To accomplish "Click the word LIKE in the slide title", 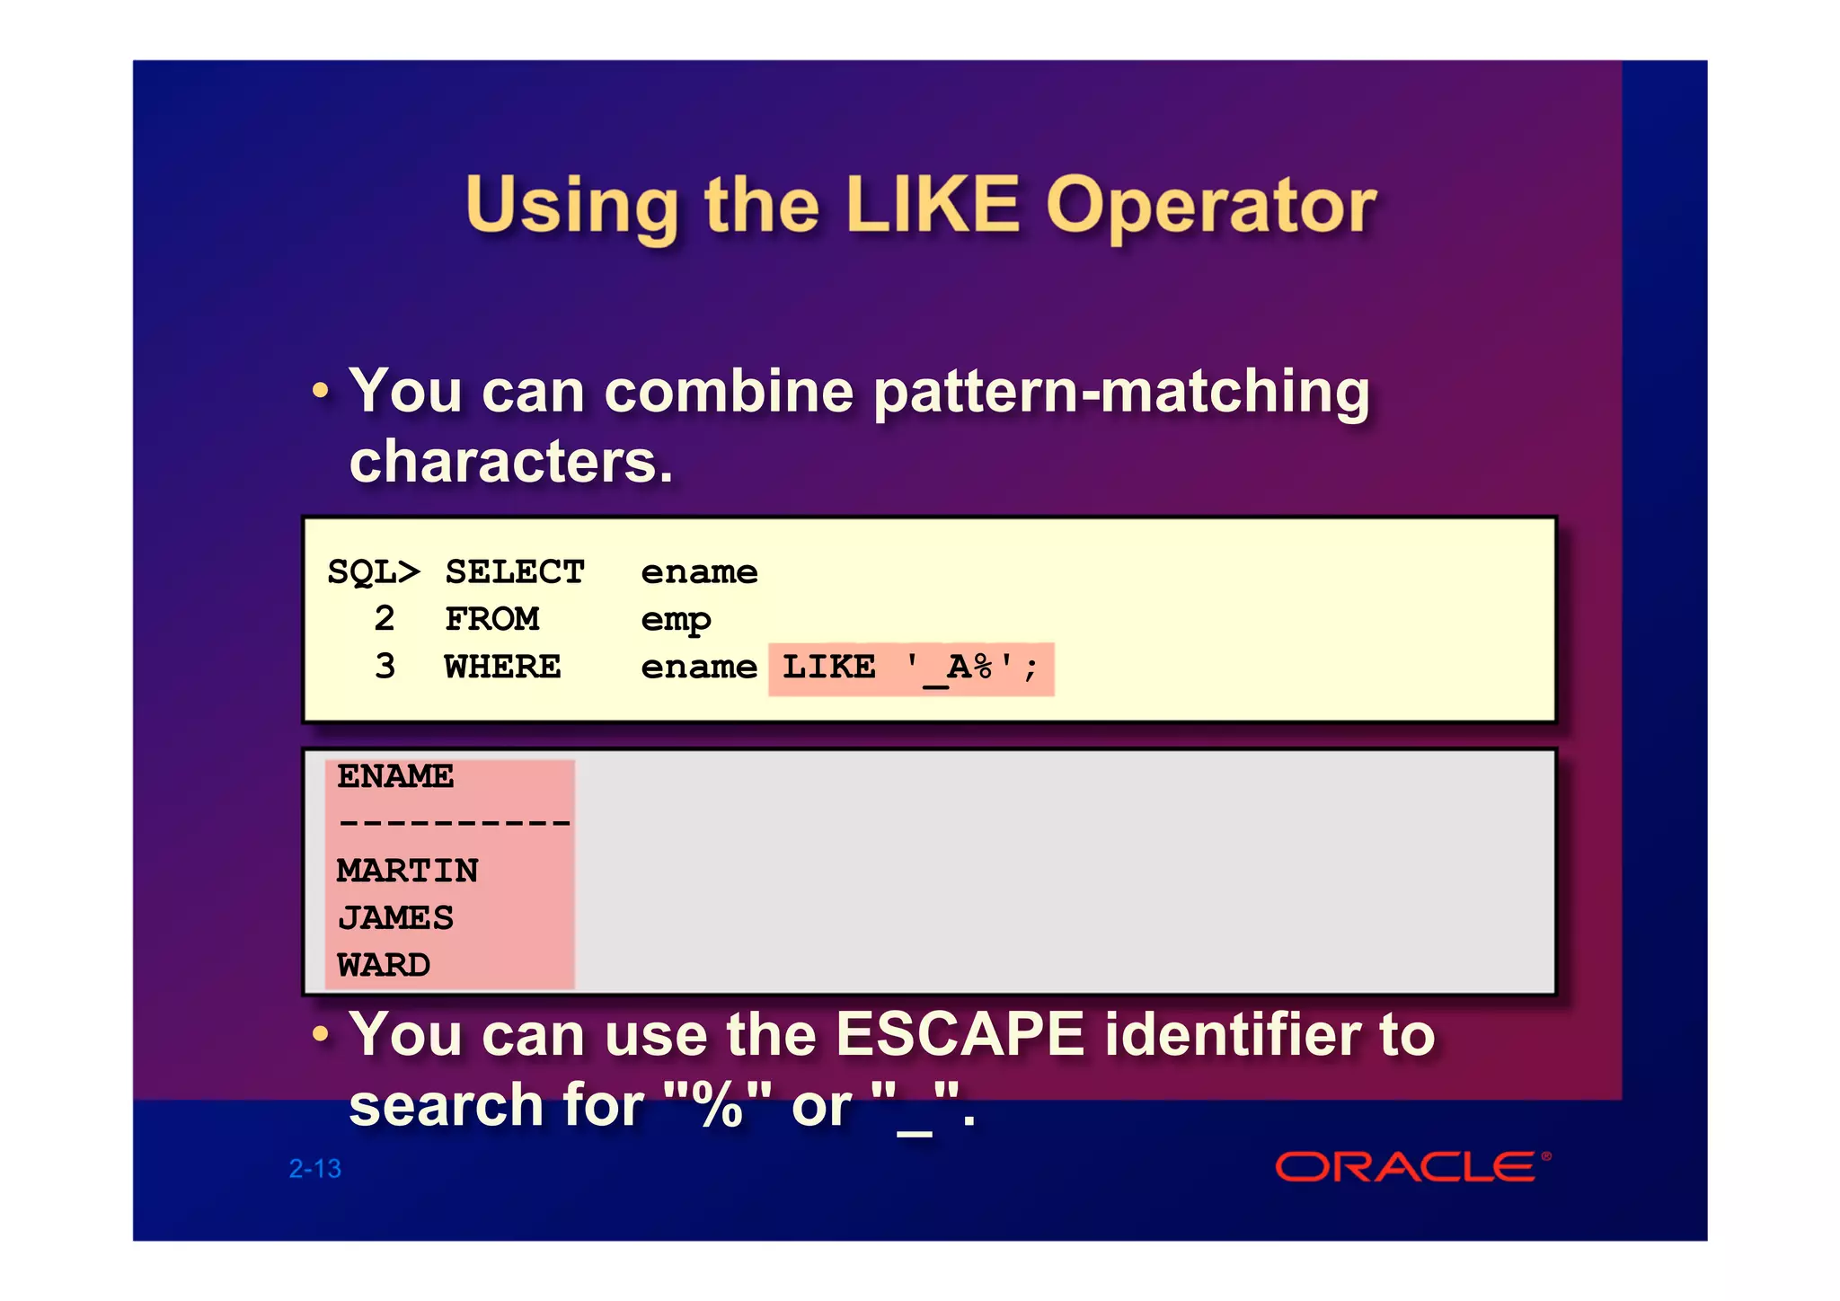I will (933, 205).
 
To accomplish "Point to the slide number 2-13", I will (314, 1168).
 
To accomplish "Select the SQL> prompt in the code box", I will (373, 572).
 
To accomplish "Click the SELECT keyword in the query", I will (514, 572).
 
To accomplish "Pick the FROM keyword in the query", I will (491, 619).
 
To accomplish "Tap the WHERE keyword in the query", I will (502, 667).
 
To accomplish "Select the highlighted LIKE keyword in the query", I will (828, 667).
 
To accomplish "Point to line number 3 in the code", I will (385, 667).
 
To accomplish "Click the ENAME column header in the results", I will (395, 776).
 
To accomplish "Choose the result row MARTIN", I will (407, 871).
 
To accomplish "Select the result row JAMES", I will (395, 917).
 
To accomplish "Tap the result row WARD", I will (384, 965).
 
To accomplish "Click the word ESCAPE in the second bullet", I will (960, 1034).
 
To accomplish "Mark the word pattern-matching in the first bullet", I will (1121, 393).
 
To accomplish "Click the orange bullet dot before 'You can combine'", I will (320, 391).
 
